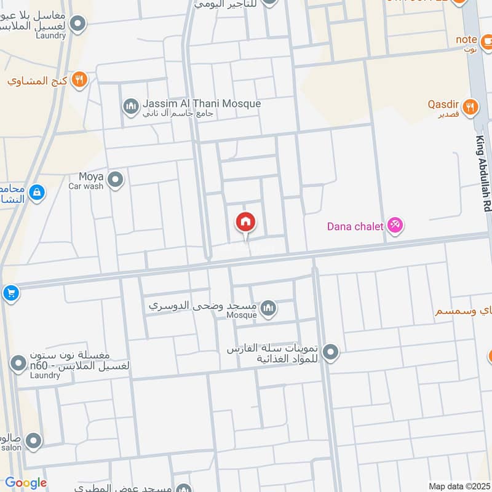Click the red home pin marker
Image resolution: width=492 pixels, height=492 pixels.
pos(246,223)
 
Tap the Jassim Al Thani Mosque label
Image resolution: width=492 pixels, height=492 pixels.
pos(202,108)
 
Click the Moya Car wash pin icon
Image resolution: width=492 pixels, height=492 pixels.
pos(115,180)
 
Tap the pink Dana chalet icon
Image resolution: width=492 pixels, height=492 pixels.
pos(394,226)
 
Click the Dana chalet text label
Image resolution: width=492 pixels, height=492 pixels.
pos(355,226)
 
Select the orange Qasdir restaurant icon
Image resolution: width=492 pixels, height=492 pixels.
pos(470,106)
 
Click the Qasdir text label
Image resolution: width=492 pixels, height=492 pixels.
pos(443,108)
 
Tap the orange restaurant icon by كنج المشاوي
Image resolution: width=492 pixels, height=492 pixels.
pos(79,79)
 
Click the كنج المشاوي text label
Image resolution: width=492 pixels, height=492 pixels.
pos(38,81)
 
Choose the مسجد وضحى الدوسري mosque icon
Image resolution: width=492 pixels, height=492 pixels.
pos(268,307)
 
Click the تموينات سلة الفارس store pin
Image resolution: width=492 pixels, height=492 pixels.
pos(331,352)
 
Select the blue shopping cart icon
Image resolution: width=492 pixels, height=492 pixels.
pos(10,293)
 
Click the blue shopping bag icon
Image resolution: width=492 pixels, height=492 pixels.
pos(37,192)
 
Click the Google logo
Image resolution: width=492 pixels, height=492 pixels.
pos(26,483)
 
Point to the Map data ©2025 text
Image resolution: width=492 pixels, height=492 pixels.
pos(458,486)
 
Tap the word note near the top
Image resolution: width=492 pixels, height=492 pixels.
pos(467,40)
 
